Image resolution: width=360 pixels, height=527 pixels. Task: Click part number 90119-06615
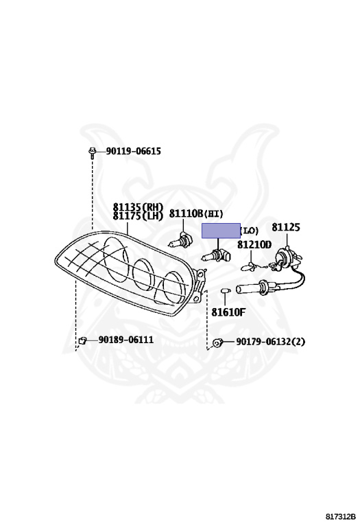click(x=133, y=151)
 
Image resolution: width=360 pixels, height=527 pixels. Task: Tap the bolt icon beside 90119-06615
click(x=91, y=152)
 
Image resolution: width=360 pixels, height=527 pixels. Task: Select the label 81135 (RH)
click(x=138, y=207)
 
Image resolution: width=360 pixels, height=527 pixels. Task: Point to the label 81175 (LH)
click(x=138, y=215)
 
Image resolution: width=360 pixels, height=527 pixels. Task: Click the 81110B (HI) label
click(x=196, y=213)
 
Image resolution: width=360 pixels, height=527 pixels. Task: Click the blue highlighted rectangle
click(x=221, y=231)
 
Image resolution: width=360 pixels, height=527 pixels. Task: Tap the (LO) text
click(x=249, y=231)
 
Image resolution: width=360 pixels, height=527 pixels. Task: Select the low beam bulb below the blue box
click(x=217, y=256)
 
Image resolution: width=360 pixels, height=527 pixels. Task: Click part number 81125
click(x=286, y=227)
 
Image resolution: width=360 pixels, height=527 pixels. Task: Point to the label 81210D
click(x=254, y=245)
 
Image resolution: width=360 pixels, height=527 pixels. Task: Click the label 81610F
click(x=228, y=312)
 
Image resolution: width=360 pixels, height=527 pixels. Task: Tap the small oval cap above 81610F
click(x=226, y=290)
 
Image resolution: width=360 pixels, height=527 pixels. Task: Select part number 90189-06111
click(x=126, y=340)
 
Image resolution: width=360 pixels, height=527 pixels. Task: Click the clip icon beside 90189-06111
click(x=82, y=341)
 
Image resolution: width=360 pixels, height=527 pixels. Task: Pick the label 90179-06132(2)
click(x=271, y=342)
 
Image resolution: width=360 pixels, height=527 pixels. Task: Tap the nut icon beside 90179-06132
click(x=217, y=343)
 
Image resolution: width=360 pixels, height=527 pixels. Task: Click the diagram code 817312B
click(x=341, y=516)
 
